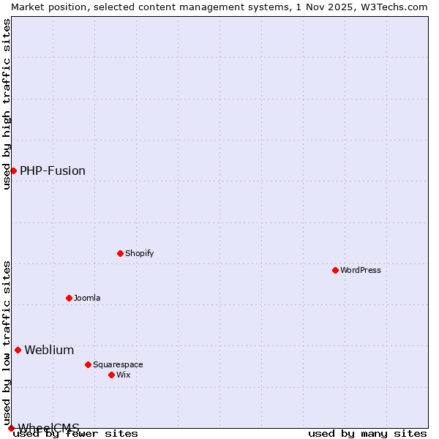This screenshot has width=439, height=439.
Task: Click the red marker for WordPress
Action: tap(335, 270)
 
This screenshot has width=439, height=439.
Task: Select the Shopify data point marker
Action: tap(120, 253)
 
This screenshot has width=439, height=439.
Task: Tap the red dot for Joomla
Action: tap(69, 298)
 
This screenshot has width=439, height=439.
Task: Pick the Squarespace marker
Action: tap(88, 364)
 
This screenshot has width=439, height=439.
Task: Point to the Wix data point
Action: tap(111, 375)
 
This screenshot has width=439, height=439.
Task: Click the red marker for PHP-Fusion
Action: tap(13, 170)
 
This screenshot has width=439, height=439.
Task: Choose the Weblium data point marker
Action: tap(18, 350)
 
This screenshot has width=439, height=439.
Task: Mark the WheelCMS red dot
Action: tap(11, 428)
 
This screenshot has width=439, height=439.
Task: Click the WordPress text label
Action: tap(361, 270)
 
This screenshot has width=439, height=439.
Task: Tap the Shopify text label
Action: tap(139, 253)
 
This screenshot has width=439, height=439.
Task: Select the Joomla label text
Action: tap(87, 298)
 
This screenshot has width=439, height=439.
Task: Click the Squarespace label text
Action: tap(118, 364)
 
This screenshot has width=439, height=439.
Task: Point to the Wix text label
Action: tap(123, 375)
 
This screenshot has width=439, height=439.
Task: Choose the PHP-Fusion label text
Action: tap(53, 170)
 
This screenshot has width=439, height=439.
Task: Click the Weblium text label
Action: tap(49, 350)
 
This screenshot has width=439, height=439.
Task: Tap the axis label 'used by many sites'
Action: tap(367, 434)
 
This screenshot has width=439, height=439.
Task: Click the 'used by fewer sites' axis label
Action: tap(75, 434)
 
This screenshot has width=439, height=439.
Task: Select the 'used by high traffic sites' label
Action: tap(7, 104)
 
